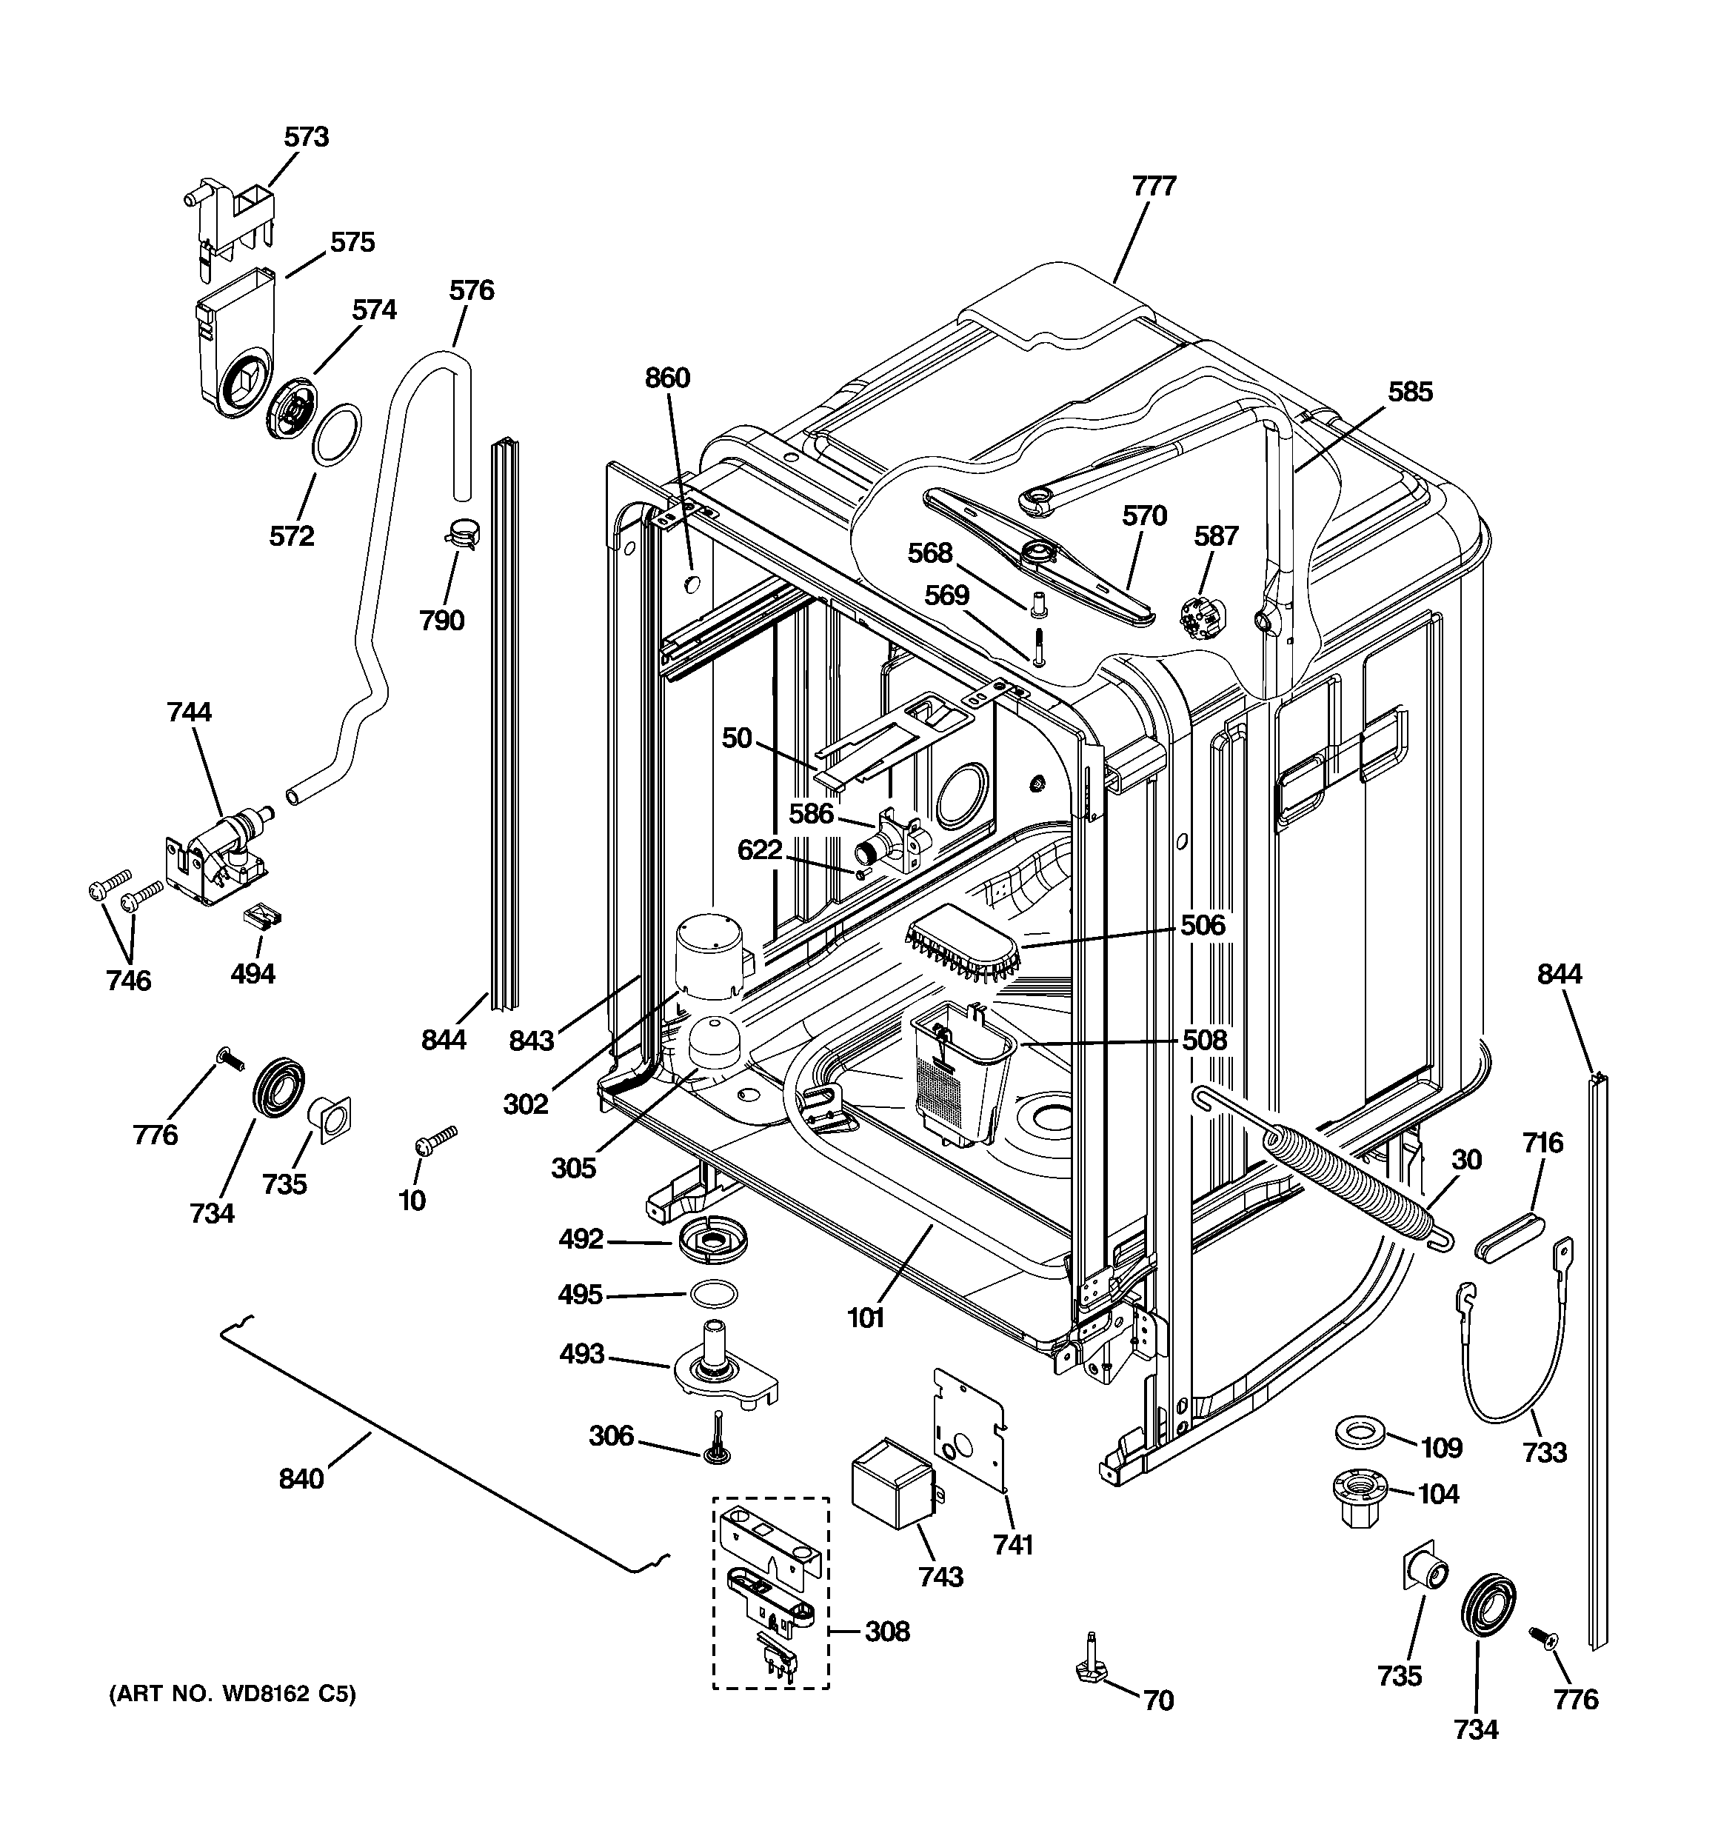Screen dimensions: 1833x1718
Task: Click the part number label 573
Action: [x=306, y=138]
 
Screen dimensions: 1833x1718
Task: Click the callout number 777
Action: [x=1154, y=186]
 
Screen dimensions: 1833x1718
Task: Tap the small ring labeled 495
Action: [x=713, y=1295]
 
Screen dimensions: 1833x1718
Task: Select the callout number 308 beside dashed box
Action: [x=886, y=1632]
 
